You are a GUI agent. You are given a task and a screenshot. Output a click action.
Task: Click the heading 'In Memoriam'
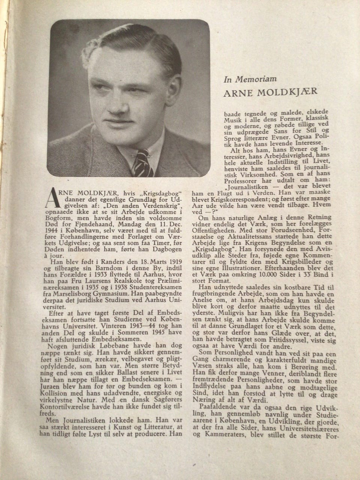tap(250, 79)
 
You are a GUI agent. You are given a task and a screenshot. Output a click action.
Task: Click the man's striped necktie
tap(143, 161)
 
